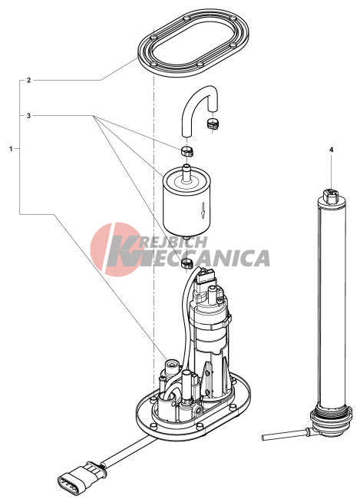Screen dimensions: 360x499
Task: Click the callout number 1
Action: click(12, 149)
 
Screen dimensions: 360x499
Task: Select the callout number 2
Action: click(28, 80)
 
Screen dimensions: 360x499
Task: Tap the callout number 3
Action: click(28, 116)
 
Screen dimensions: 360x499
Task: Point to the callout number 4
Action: click(332, 150)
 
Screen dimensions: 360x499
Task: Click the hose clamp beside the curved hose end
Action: click(213, 124)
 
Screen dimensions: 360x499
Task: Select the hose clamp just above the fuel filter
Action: click(187, 150)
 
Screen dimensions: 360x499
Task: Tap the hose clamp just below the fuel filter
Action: click(187, 263)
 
